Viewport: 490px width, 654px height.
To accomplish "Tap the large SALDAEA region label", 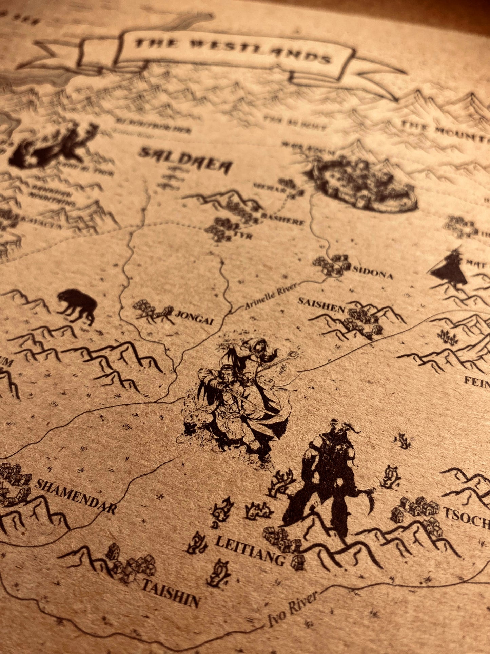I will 186,161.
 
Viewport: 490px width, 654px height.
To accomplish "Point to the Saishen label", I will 321,303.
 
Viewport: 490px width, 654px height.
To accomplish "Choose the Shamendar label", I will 75,496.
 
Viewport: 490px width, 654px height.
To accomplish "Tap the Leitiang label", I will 250,552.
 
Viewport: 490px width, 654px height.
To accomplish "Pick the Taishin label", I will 170,593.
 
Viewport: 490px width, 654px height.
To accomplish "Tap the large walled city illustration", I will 365,185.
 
